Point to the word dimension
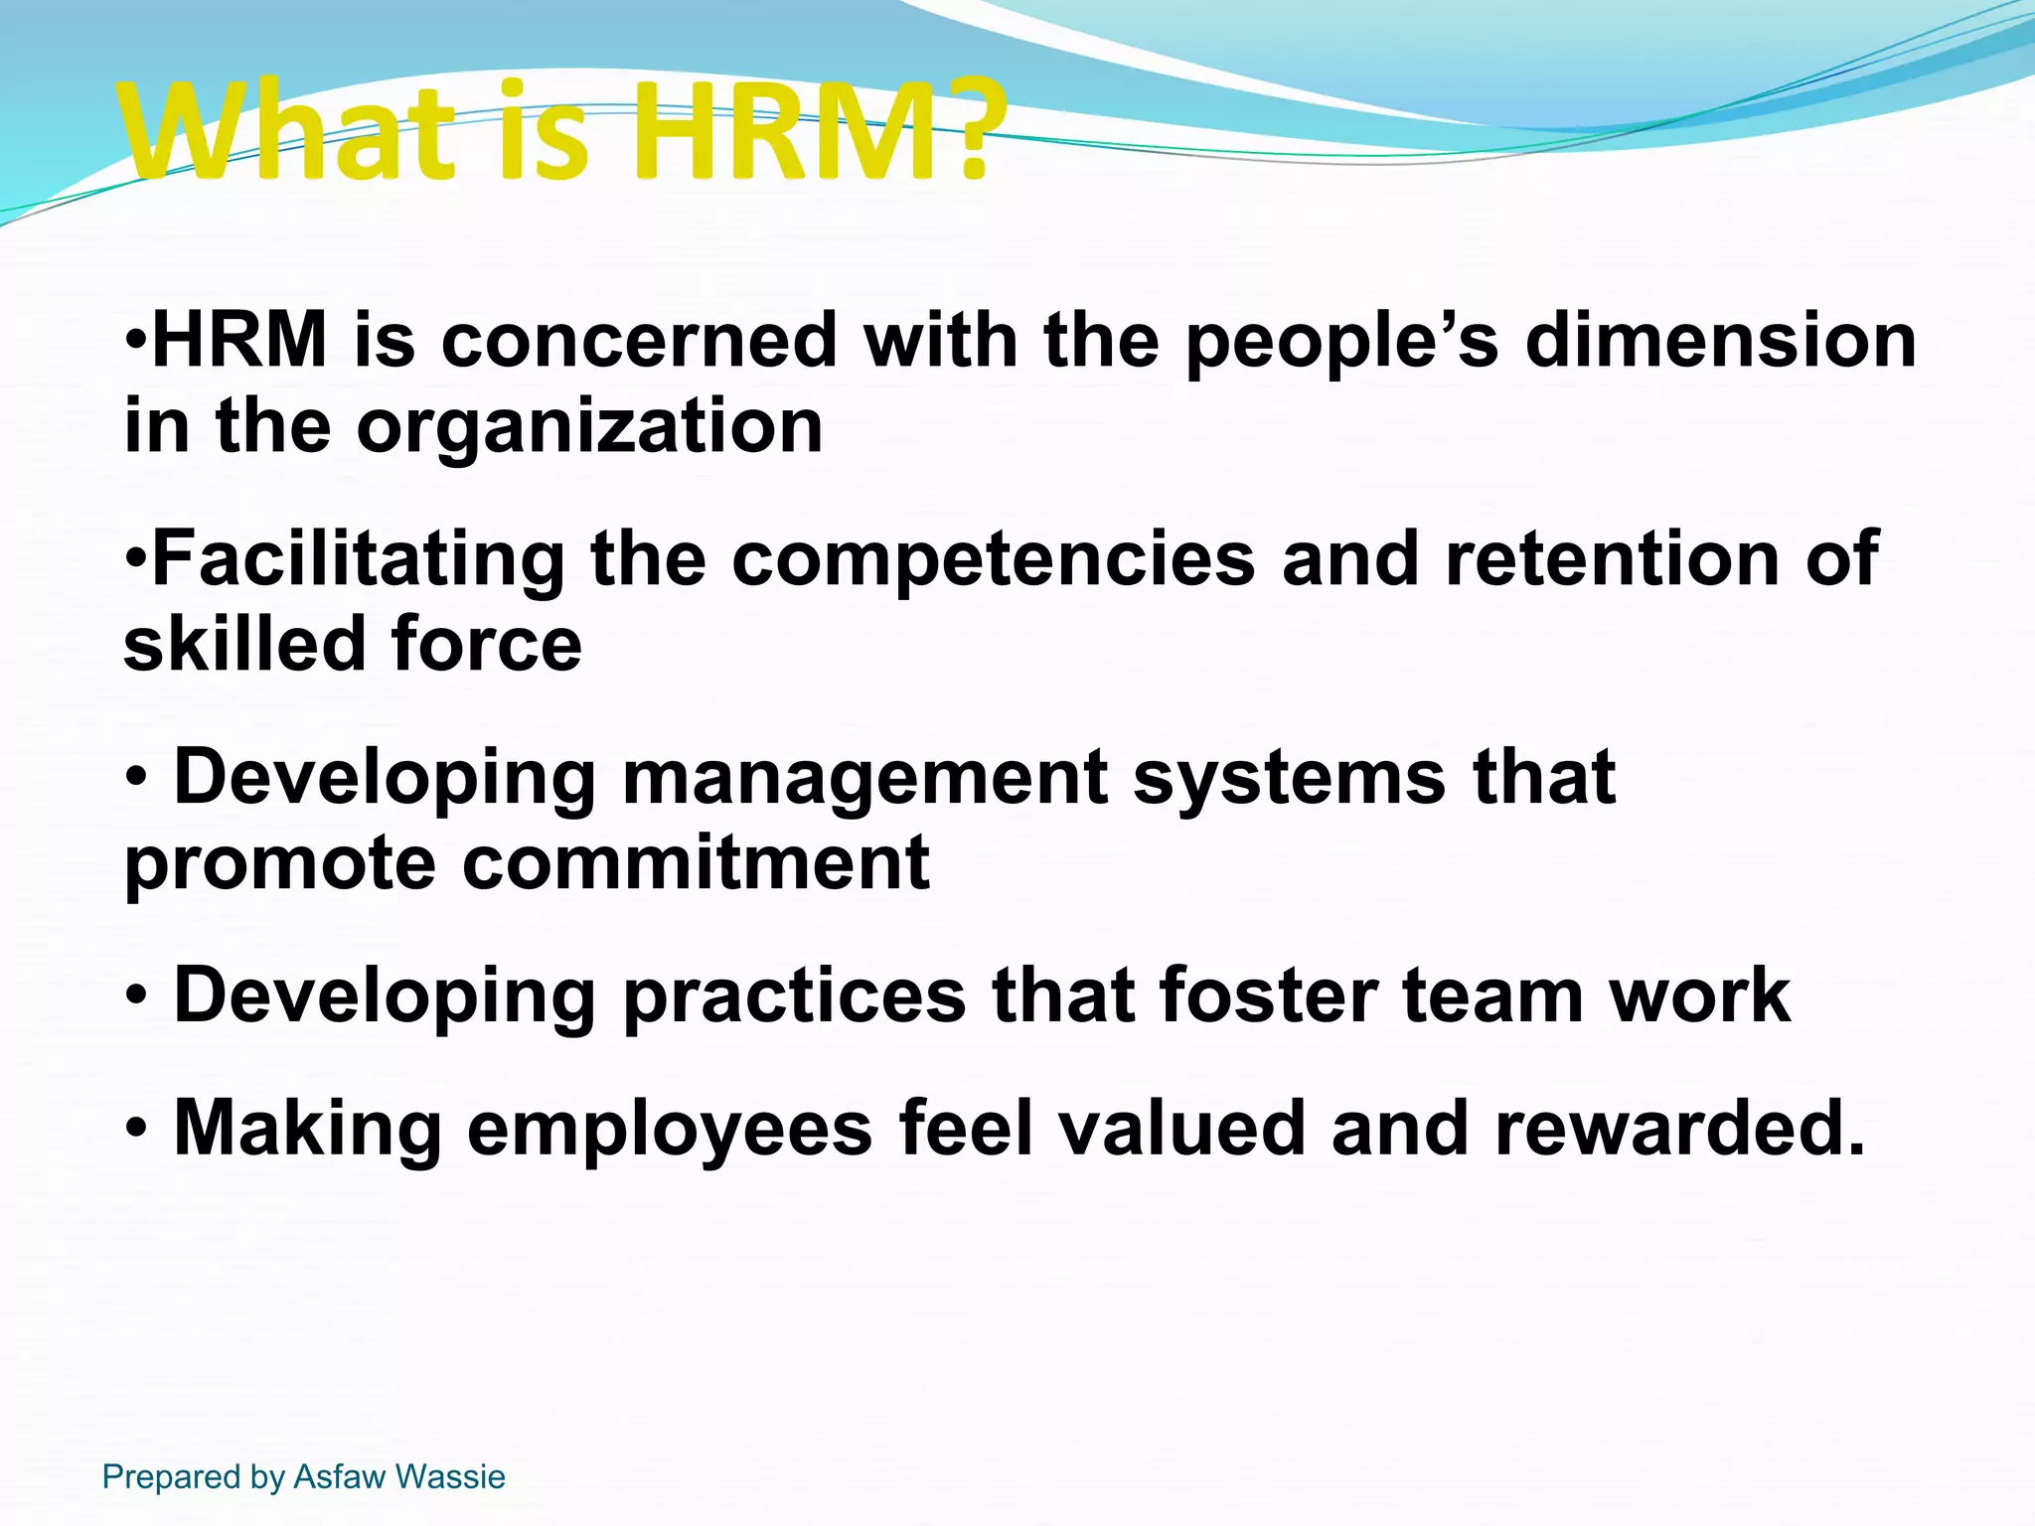(x=1720, y=340)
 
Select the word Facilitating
(x=358, y=558)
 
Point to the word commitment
(x=696, y=862)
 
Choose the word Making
(x=307, y=1131)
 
